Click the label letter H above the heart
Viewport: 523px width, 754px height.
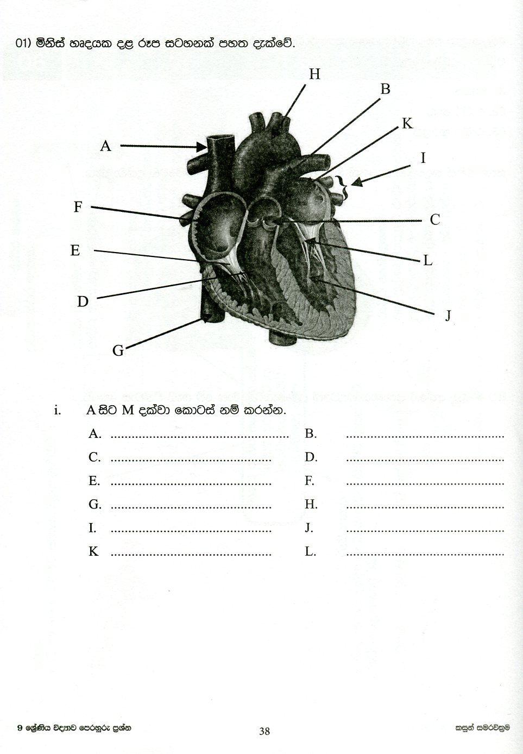pyautogui.click(x=314, y=74)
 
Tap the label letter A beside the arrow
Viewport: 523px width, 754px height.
pyautogui.click(x=105, y=146)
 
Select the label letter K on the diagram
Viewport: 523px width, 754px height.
pyautogui.click(x=407, y=124)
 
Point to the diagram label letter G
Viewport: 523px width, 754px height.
pyautogui.click(x=118, y=351)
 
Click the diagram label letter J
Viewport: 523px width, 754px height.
pyautogui.click(x=448, y=316)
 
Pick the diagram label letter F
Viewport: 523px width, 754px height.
pyautogui.click(x=78, y=207)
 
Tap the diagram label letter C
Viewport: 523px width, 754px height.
pyautogui.click(x=434, y=220)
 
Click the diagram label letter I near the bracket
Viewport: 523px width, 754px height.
pyautogui.click(x=423, y=158)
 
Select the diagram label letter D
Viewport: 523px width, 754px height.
pyautogui.click(x=83, y=301)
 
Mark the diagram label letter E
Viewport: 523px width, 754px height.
pyautogui.click(x=75, y=250)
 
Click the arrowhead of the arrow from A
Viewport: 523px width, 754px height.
pyautogui.click(x=202, y=146)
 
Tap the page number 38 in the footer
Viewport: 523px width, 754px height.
pyautogui.click(x=264, y=731)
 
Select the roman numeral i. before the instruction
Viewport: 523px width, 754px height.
pyautogui.click(x=57, y=410)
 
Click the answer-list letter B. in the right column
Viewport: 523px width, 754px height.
pyautogui.click(x=310, y=433)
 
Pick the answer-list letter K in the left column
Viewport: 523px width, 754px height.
pyautogui.click(x=93, y=552)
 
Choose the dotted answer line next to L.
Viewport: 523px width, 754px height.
pyautogui.click(x=425, y=555)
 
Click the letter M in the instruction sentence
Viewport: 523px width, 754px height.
pyautogui.click(x=128, y=410)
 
